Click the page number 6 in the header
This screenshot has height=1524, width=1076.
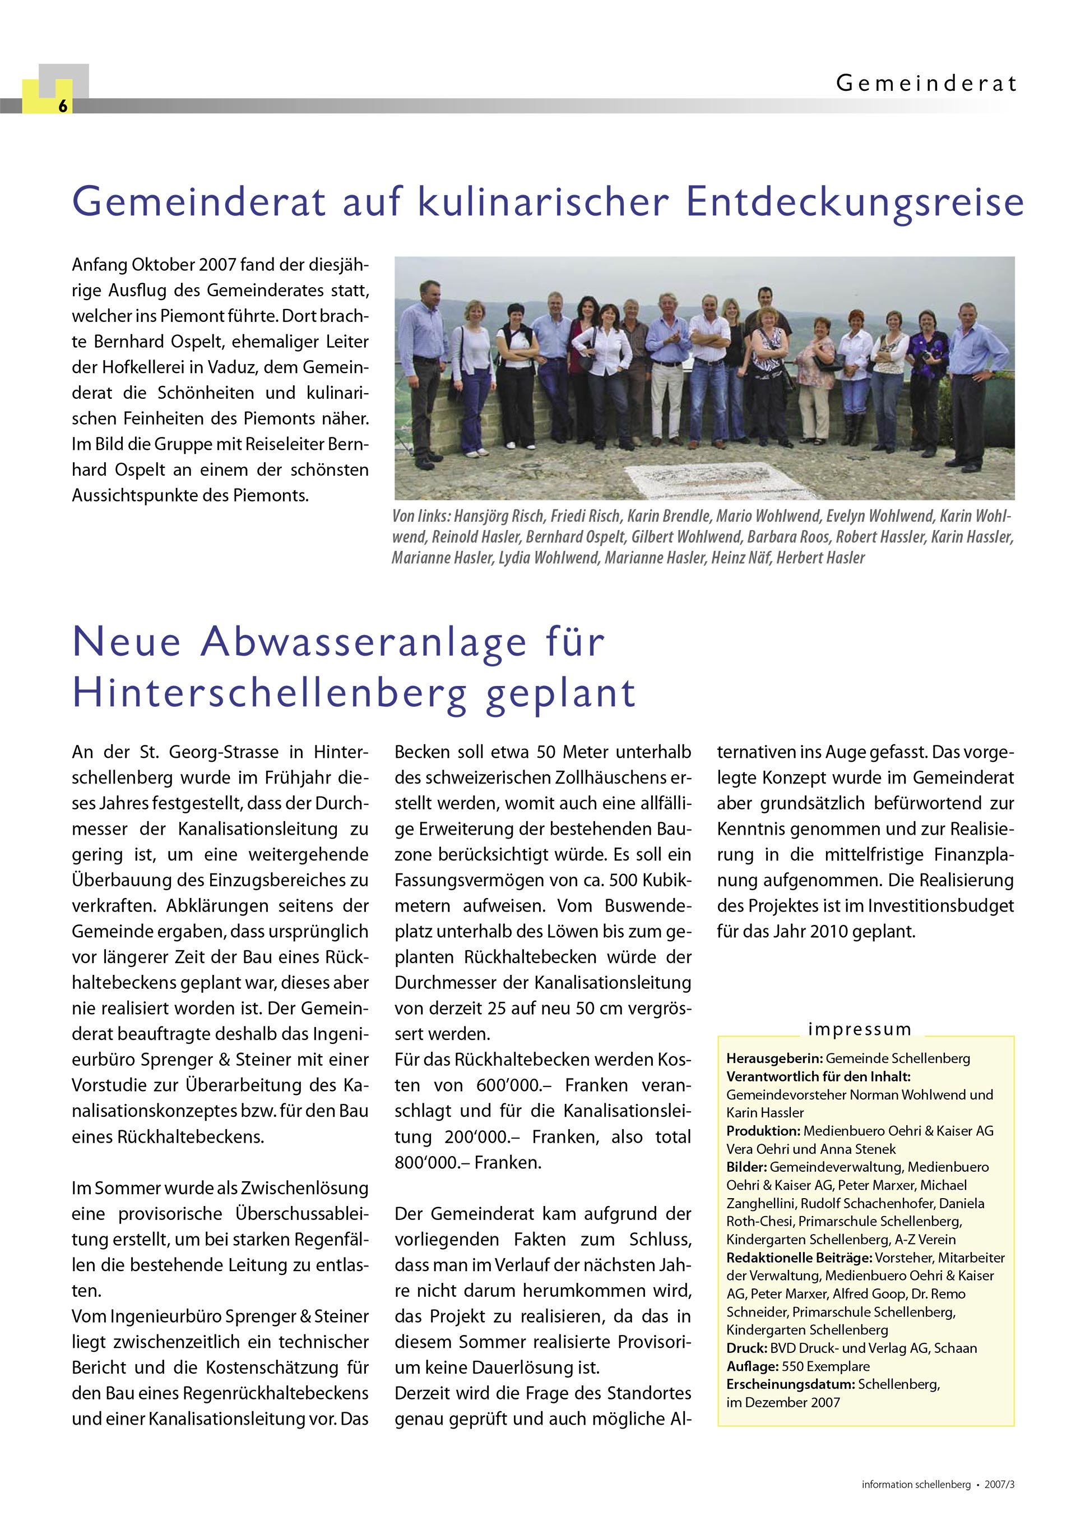click(62, 105)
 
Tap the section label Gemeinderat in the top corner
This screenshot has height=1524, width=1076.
click(926, 84)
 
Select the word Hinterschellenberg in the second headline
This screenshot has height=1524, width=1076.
click(268, 693)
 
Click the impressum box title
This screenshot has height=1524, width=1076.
click(860, 1029)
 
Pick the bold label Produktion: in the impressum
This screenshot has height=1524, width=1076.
click(763, 1131)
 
